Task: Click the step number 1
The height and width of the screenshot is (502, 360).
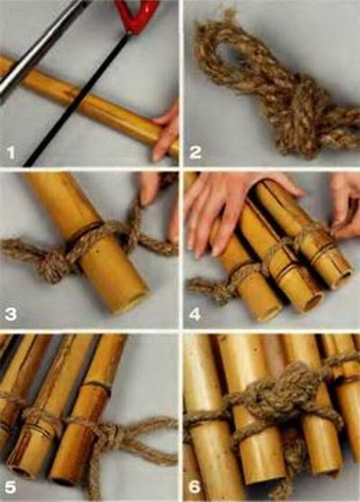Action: tap(10, 153)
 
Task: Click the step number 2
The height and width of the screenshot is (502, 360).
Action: tap(195, 152)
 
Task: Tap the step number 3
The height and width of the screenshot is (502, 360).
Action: tap(10, 314)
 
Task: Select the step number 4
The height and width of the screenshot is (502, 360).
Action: tap(195, 314)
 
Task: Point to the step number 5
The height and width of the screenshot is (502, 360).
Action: tap(10, 487)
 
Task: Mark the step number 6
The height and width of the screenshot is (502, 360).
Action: tap(195, 487)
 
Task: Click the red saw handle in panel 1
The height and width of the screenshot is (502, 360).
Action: tap(137, 15)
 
